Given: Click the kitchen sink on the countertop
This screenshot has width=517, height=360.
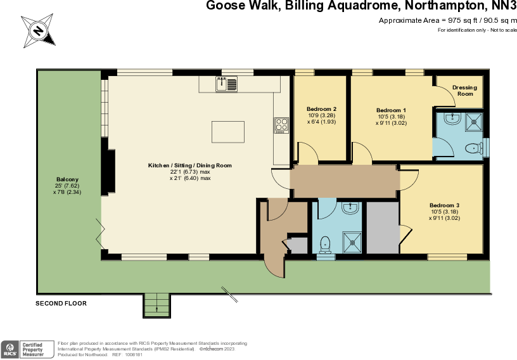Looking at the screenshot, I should tap(226, 84).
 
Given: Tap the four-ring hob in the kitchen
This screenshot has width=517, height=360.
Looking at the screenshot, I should tap(281, 125).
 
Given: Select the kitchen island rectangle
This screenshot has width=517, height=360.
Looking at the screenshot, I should tap(227, 132).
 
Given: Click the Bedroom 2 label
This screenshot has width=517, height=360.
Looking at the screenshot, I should tap(321, 109).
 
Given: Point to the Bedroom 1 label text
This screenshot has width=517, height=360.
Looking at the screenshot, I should tap(391, 110).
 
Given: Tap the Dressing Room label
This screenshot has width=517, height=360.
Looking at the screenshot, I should tap(465, 91).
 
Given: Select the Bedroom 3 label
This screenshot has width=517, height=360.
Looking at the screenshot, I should tap(444, 205).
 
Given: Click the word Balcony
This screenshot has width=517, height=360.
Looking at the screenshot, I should tap(67, 179).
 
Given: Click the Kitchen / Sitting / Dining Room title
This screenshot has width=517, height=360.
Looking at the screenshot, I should tap(190, 165).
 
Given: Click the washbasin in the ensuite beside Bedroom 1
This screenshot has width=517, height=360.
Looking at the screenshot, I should tap(451, 119).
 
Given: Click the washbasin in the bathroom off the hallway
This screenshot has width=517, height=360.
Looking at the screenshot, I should tap(350, 208).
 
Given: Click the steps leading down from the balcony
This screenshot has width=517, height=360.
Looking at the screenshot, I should tap(157, 305).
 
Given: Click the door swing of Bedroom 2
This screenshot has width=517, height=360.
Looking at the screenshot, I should tap(307, 152).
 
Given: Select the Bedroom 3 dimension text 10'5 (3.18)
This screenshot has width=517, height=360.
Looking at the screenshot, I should tap(444, 212).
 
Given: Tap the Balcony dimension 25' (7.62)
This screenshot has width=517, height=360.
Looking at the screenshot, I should tap(67, 186).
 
